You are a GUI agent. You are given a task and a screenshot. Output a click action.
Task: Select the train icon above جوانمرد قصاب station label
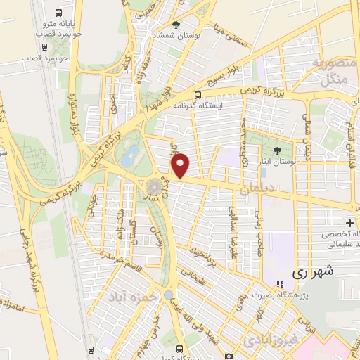click(x=46, y=48)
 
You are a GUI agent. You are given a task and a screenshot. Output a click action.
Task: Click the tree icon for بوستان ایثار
click(x=276, y=149)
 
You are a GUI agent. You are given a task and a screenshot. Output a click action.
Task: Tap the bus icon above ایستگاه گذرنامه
click(x=198, y=94)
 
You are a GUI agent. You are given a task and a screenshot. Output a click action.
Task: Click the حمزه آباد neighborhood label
click(x=131, y=296)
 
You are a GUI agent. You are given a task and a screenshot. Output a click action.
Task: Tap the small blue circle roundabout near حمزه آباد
click(x=169, y=294)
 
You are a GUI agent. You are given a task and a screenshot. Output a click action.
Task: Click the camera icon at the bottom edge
click(x=229, y=355)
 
